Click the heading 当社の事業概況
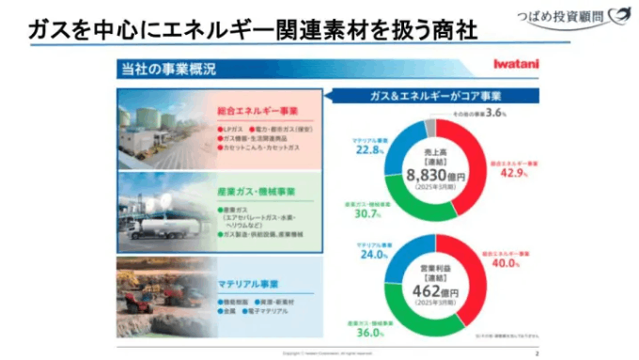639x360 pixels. pos(168,69)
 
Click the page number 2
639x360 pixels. pos(536,353)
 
